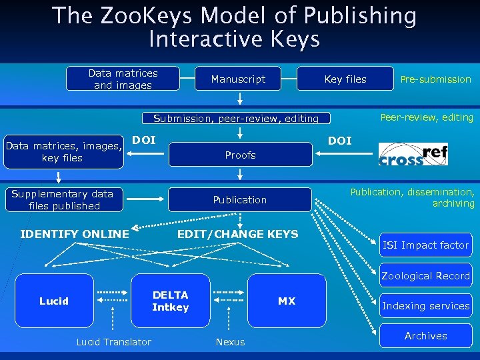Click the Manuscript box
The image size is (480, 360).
(238, 79)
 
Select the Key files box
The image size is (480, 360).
(345, 79)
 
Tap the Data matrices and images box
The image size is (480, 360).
(123, 79)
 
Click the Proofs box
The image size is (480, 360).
(240, 155)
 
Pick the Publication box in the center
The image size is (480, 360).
(240, 200)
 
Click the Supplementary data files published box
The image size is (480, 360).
(63, 200)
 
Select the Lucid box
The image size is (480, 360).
(53, 301)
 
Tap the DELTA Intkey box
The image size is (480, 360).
(171, 301)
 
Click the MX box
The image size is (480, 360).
(287, 301)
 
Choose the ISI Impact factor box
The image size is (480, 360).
(426, 245)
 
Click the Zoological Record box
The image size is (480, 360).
(426, 276)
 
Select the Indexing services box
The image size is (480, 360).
(426, 306)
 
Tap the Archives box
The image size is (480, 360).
(426, 336)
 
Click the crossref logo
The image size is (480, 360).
(413, 155)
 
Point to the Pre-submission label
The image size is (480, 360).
(435, 79)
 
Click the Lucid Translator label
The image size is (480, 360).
(113, 342)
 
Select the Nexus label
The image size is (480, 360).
(230, 342)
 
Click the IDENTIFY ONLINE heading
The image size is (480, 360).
(75, 234)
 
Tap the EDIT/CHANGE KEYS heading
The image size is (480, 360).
(237, 234)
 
